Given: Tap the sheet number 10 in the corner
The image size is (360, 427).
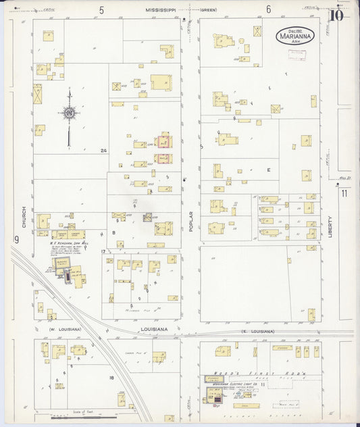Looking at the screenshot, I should (337, 15).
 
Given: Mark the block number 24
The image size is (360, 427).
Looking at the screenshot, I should (103, 150).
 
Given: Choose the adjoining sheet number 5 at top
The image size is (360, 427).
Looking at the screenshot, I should (101, 9).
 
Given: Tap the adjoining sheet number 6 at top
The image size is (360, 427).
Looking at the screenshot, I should (268, 9).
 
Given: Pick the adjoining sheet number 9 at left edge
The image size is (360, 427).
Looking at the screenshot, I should (14, 239).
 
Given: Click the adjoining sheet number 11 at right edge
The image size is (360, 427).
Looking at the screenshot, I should (344, 194).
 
